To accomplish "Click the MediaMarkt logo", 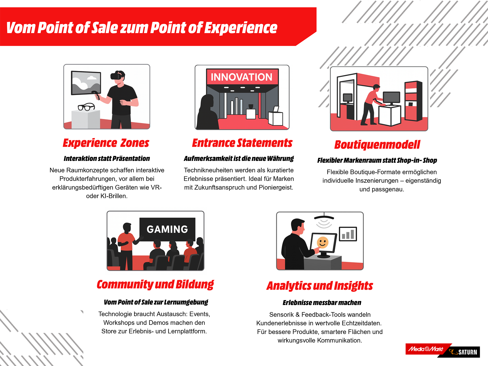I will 426,349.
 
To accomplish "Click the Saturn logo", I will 464,352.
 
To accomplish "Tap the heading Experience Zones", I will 106,143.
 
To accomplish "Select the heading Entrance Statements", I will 242,143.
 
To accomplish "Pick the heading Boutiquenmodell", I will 377,145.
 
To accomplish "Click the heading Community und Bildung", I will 155,284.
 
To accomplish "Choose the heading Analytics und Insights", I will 320,286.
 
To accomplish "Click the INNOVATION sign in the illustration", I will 241,77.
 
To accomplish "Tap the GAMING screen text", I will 167,229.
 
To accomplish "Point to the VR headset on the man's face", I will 116,76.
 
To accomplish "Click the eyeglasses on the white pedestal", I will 86,107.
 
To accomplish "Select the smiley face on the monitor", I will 323,242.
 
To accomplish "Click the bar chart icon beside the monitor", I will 348,234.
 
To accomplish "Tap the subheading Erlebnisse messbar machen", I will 322,303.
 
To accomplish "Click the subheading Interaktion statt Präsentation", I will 107,159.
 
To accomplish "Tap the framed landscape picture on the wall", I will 86,83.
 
